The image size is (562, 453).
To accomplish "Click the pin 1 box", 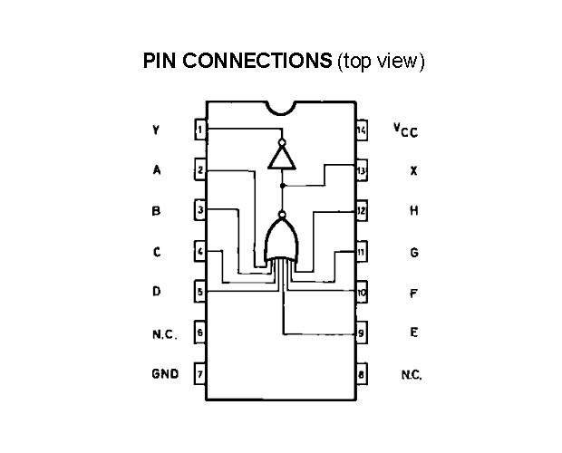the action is pyautogui.click(x=200, y=130).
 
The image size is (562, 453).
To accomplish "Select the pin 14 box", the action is pyautogui.click(x=362, y=130).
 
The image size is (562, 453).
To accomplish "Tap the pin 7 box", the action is pyautogui.click(x=200, y=374).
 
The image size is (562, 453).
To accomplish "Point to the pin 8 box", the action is pyautogui.click(x=362, y=374).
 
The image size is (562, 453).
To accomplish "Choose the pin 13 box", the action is pyautogui.click(x=362, y=170).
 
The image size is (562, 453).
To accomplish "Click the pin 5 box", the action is pyautogui.click(x=200, y=291).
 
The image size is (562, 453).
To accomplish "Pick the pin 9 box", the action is pyautogui.click(x=362, y=333).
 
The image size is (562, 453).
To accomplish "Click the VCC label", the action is pyautogui.click(x=406, y=130).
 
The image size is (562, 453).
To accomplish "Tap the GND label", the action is pyautogui.click(x=165, y=374).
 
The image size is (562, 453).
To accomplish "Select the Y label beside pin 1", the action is pyautogui.click(x=156, y=130).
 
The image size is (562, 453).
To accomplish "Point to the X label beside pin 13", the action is pyautogui.click(x=413, y=171).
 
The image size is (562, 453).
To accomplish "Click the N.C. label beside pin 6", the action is pyautogui.click(x=165, y=334).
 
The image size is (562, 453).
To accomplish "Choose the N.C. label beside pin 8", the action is pyautogui.click(x=412, y=375).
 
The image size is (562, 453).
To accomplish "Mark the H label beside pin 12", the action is pyautogui.click(x=414, y=210).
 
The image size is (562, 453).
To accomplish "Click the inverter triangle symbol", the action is pyautogui.click(x=282, y=158).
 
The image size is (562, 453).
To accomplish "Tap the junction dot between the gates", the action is pyautogui.click(x=283, y=186).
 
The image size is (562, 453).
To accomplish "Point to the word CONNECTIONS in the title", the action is pyautogui.click(x=257, y=60).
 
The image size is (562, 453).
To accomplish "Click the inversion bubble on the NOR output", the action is pyautogui.click(x=283, y=215).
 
